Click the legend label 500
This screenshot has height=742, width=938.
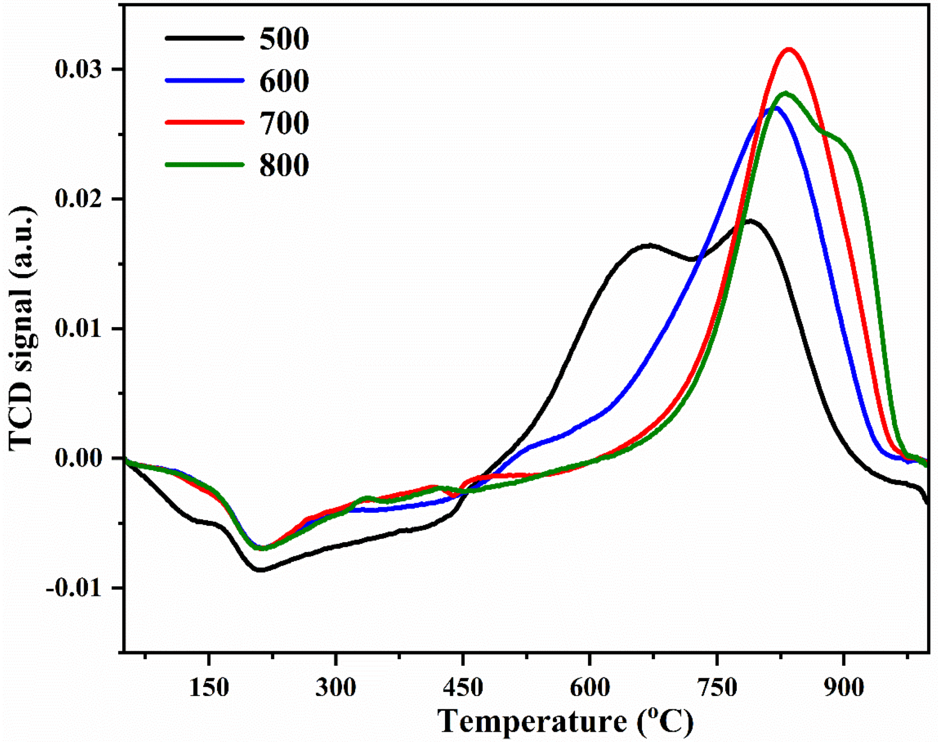(284, 39)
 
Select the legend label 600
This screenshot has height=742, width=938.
(284, 81)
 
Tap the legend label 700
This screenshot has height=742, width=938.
(284, 123)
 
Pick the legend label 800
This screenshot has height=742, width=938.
(284, 166)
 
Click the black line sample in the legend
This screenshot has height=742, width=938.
(204, 38)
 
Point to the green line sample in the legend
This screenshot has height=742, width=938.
(204, 165)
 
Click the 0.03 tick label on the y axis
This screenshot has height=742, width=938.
(78, 69)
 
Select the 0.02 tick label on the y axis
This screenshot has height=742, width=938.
(78, 199)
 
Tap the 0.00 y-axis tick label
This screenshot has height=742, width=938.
(78, 458)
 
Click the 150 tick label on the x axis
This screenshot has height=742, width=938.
(209, 688)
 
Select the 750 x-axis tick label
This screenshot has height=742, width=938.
(716, 688)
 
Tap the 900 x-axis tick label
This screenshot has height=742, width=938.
(843, 688)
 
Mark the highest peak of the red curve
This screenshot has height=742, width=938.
(789, 49)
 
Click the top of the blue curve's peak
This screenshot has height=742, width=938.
(774, 108)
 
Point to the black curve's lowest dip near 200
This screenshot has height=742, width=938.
(261, 570)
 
